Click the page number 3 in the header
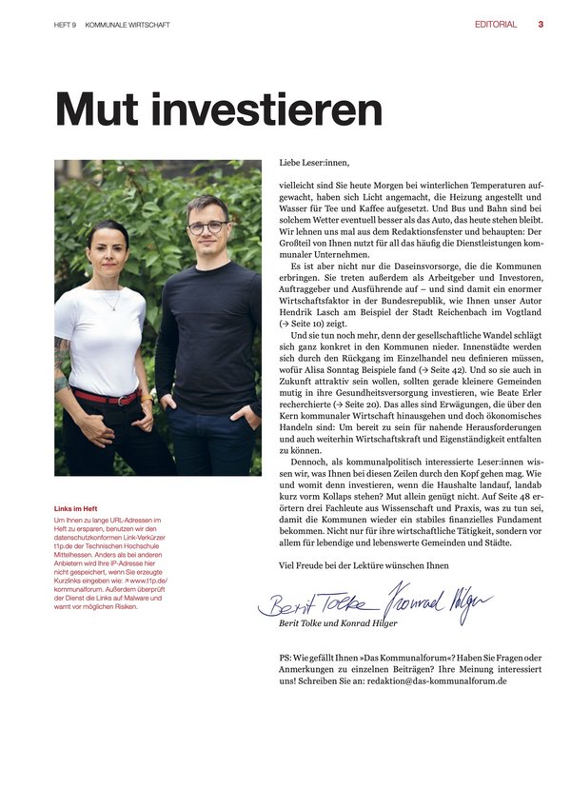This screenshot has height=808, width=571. click(541, 25)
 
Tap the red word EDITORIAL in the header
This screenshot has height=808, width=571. click(496, 25)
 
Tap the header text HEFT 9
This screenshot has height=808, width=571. click(66, 26)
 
